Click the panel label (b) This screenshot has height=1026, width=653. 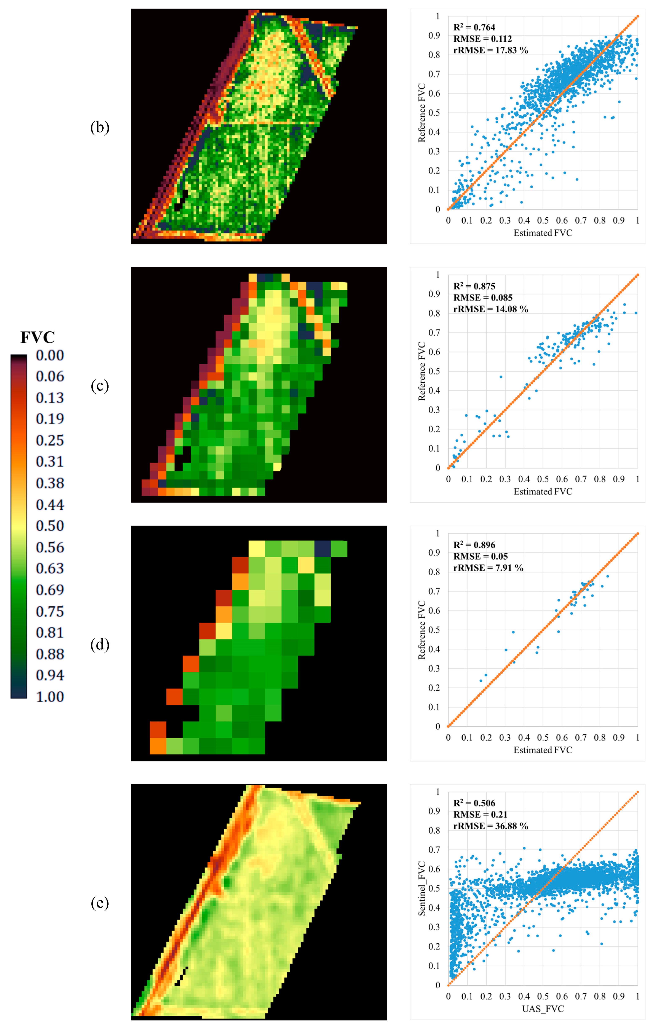coord(100,127)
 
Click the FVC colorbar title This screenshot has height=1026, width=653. coord(37,337)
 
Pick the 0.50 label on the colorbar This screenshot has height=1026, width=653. coord(50,526)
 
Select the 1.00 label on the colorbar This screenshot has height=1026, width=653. coord(50,697)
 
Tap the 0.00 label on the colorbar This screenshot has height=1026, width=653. coord(50,355)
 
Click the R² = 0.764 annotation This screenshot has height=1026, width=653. coord(474,27)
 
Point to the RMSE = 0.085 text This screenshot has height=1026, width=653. coord(482,297)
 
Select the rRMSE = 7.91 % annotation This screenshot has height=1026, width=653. coord(488,567)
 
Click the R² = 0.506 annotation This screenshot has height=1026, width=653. coord(474,803)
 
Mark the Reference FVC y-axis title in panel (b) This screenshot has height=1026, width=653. coord(422,112)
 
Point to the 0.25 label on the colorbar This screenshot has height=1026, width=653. coord(50,440)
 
